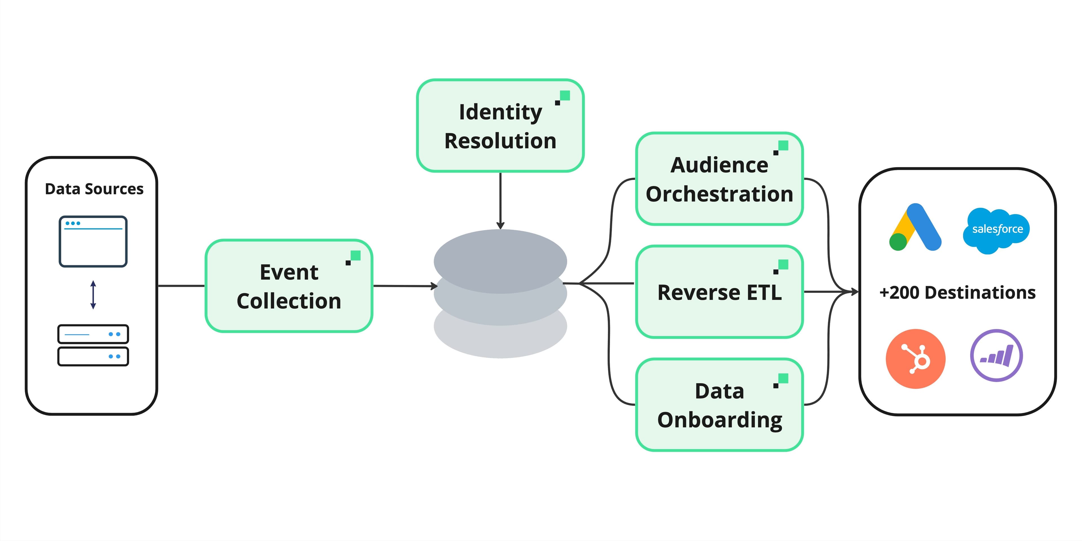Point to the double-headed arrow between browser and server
click(93, 295)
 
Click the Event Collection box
click(289, 286)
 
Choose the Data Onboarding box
click(720, 405)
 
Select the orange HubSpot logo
click(916, 359)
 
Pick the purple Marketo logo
click(996, 356)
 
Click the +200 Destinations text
click(958, 293)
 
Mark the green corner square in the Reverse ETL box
click(783, 264)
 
